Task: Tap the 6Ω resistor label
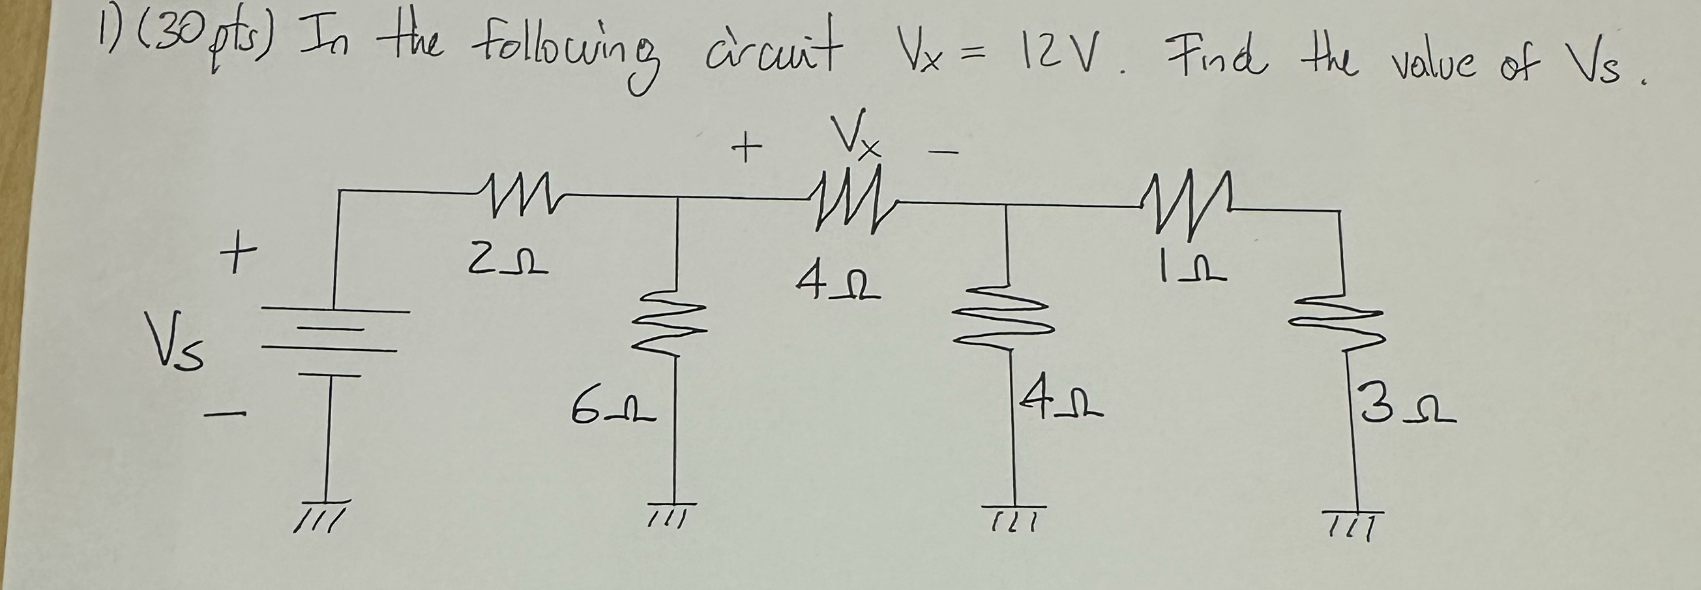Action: (x=614, y=411)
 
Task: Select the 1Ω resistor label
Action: (x=1191, y=270)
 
